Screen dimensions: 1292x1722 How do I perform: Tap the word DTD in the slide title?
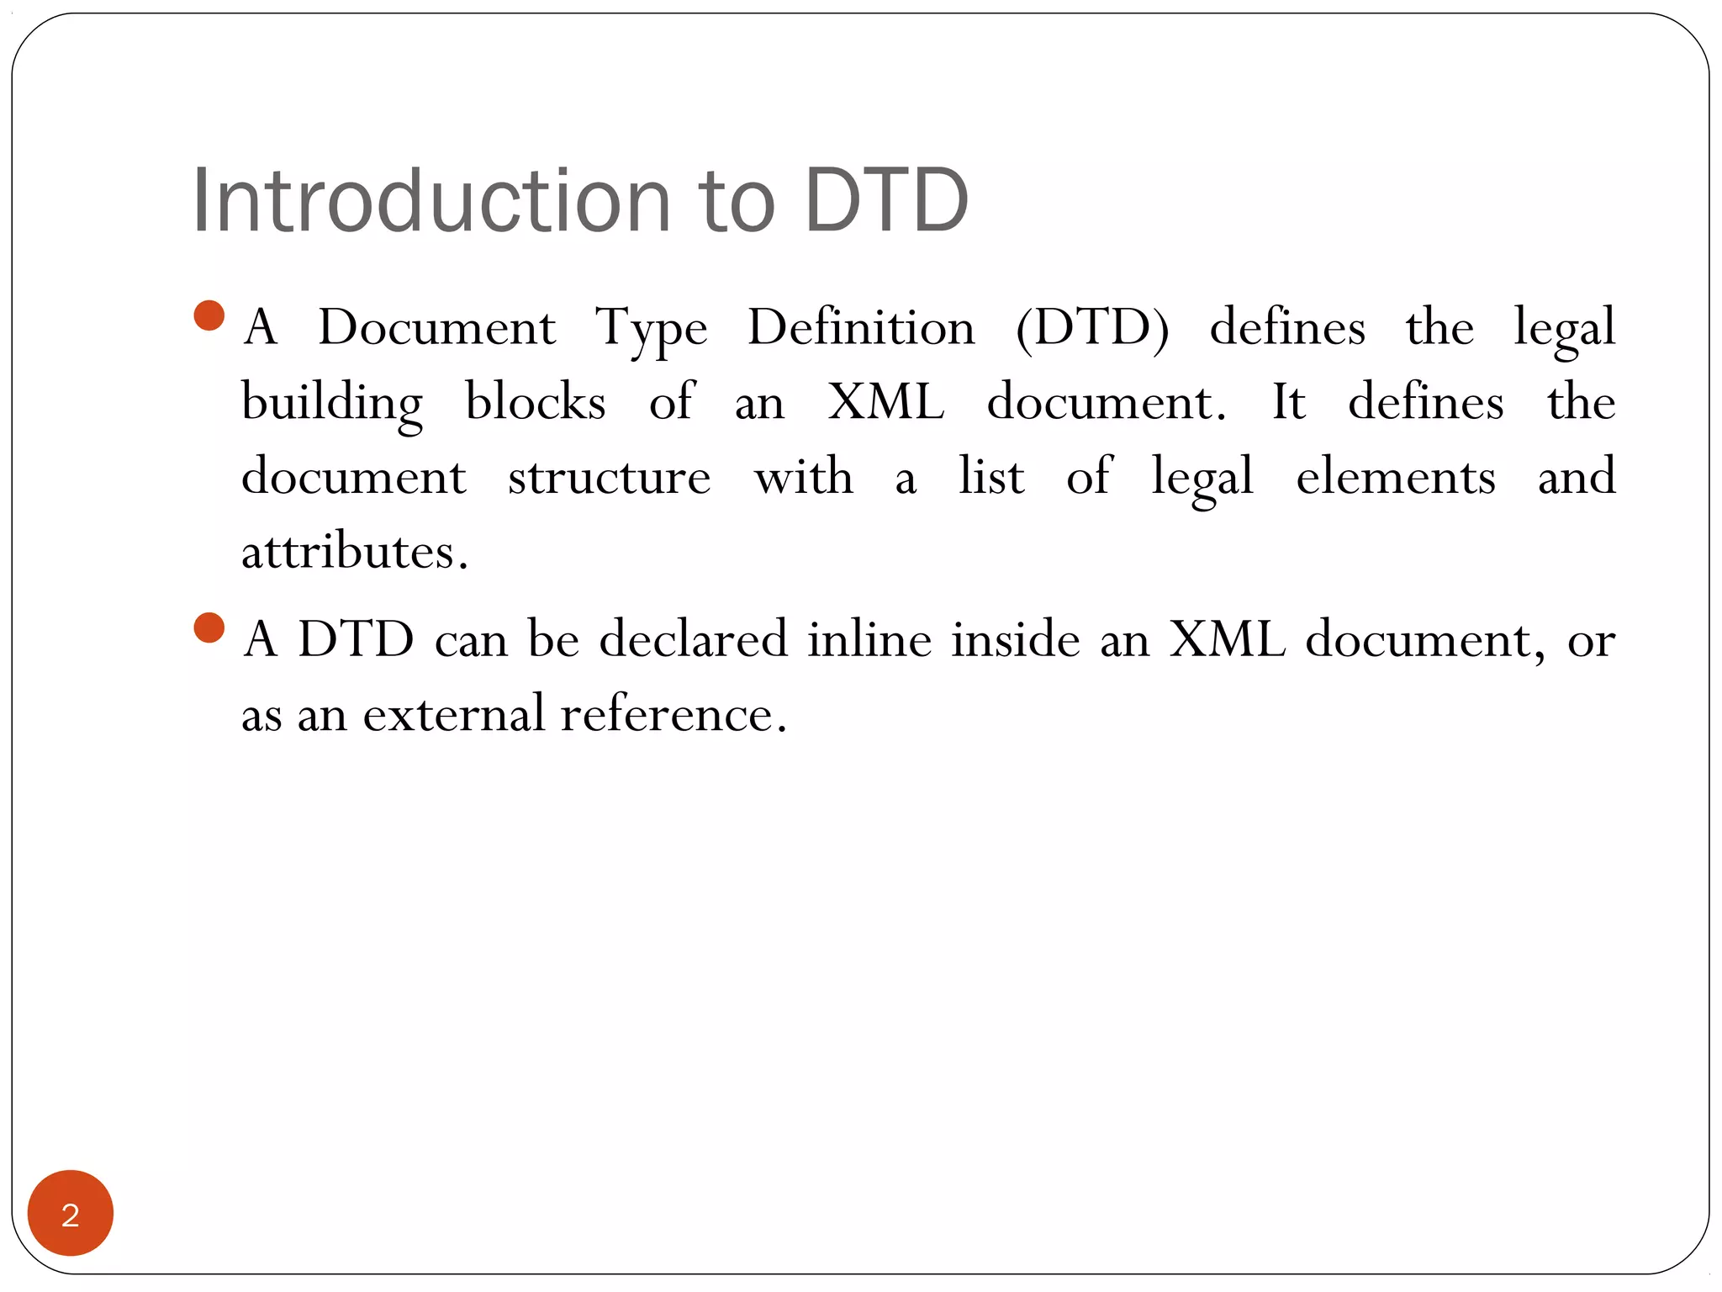[886, 201]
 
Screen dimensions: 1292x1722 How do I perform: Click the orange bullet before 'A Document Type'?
[209, 315]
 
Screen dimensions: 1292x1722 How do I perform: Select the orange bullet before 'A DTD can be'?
[209, 627]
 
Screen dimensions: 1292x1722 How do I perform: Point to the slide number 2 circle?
[71, 1213]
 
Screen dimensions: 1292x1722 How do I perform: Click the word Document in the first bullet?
[436, 327]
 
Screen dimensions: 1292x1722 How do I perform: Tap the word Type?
[651, 329]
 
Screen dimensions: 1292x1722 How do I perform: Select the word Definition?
[861, 327]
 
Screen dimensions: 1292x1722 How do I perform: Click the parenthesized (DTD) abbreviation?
[1092, 327]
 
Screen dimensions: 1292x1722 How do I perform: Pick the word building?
[331, 403]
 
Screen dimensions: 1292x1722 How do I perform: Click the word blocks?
[535, 401]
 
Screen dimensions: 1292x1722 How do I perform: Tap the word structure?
[609, 477]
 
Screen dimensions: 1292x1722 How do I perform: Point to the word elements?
[1395, 477]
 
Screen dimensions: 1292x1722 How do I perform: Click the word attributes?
[354, 552]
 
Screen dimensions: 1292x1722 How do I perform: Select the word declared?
[693, 638]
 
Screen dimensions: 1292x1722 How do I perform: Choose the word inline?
[869, 638]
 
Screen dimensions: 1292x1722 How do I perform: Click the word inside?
[1015, 638]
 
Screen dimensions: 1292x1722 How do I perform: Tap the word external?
[454, 714]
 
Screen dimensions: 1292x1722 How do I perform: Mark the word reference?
[673, 714]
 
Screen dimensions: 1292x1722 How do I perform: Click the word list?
[991, 477]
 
